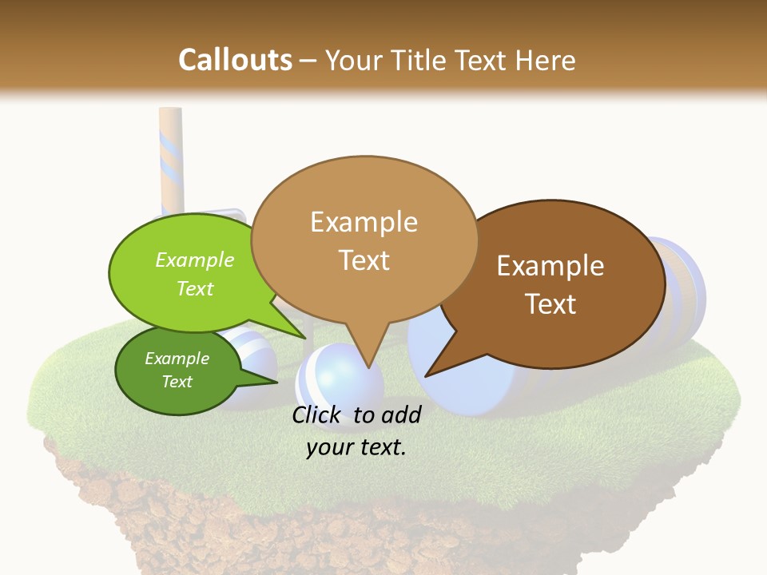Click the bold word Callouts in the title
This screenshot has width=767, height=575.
(x=235, y=60)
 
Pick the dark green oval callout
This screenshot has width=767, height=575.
(x=177, y=371)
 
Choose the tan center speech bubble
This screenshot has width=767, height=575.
(x=364, y=240)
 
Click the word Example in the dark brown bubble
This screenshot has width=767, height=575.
(x=550, y=266)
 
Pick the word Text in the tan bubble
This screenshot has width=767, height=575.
(x=364, y=260)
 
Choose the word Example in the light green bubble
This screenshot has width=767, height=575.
(x=195, y=260)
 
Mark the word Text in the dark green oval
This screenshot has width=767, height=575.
(x=177, y=382)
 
